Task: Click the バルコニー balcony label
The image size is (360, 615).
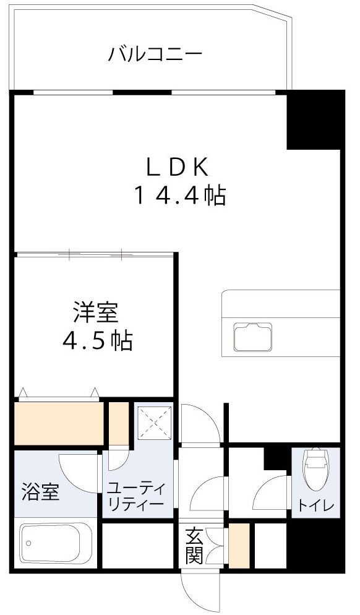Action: (x=155, y=54)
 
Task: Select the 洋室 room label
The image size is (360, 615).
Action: (x=95, y=312)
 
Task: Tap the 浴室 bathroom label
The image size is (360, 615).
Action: (x=40, y=493)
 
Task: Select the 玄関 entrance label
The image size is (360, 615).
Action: (x=194, y=545)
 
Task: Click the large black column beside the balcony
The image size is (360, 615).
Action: (x=314, y=119)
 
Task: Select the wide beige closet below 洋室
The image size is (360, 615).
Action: (x=59, y=423)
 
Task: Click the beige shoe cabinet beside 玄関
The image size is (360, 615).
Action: (x=239, y=546)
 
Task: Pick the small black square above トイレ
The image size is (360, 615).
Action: (x=273, y=458)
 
